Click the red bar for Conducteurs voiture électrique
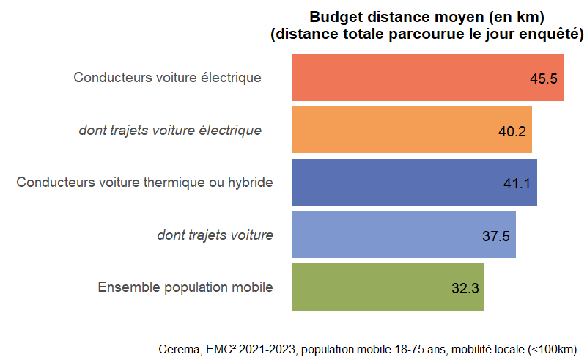coord(410,78)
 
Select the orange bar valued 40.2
coord(396,131)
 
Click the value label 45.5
coord(544,78)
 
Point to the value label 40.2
coord(512,131)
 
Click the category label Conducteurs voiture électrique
coord(167,77)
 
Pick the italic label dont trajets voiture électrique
coord(170,131)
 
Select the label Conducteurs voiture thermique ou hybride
coord(145,183)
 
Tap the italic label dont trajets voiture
coord(215,235)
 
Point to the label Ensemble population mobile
coord(185,287)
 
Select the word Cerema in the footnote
coord(177,348)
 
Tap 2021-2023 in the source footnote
coord(265,348)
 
